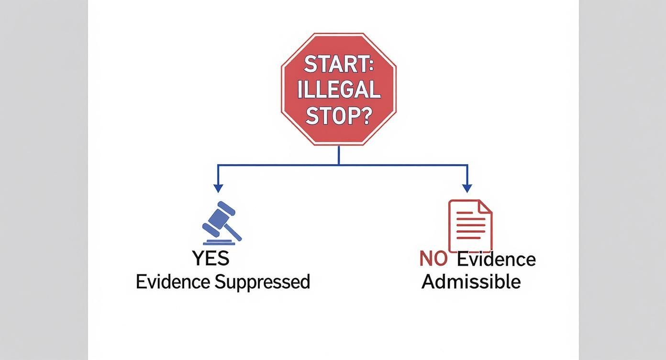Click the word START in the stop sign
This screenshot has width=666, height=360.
click(x=335, y=64)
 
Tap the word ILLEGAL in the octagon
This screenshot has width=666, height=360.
click(x=339, y=90)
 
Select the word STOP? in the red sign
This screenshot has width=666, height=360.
click(x=338, y=115)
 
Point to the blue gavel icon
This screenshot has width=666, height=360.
click(x=222, y=223)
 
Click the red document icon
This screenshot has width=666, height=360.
click(x=470, y=225)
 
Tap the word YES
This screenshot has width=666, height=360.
click(x=211, y=259)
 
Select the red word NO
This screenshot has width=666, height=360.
click(x=433, y=259)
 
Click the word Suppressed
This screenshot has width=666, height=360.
click(x=262, y=282)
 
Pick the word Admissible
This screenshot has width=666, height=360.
click(x=471, y=281)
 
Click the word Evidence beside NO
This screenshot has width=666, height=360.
click(x=496, y=259)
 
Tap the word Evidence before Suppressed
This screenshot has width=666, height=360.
click(x=173, y=282)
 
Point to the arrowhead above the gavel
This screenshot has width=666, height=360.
click(x=218, y=188)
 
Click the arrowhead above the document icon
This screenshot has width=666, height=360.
click(x=467, y=188)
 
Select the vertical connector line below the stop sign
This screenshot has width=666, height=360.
click(x=339, y=155)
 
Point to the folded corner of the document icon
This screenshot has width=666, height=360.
click(x=485, y=206)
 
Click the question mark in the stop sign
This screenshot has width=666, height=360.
click(x=366, y=115)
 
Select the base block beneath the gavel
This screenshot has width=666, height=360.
click(x=219, y=242)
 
